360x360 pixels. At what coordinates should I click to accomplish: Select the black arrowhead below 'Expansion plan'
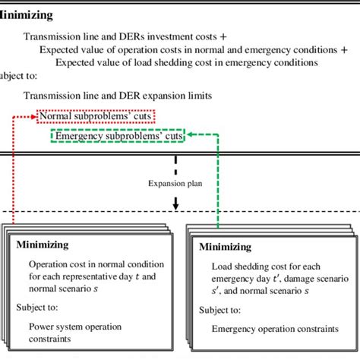175,205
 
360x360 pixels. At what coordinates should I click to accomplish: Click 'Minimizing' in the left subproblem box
42,245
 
